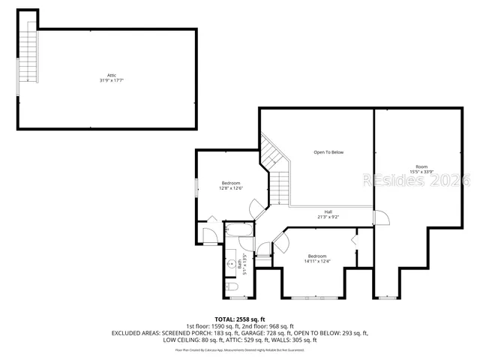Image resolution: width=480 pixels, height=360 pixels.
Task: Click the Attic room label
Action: tap(111, 75)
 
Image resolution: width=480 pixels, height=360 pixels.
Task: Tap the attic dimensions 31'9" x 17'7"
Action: tap(111, 80)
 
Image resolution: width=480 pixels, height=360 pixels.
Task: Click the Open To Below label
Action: tap(328, 152)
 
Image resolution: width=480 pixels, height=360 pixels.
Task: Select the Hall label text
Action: tap(328, 211)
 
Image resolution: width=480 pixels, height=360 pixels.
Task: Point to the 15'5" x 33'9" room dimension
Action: tap(421, 171)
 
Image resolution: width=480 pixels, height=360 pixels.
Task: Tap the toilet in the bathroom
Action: tap(232, 288)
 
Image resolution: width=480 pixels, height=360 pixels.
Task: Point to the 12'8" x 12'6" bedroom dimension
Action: tap(231, 188)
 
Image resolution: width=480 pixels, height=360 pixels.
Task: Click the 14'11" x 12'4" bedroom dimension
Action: tap(317, 261)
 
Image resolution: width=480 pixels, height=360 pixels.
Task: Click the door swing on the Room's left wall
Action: tap(382, 217)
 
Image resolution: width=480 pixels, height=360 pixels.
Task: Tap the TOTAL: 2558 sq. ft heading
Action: tap(240, 319)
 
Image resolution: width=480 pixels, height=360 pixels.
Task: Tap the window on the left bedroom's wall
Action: tap(196, 187)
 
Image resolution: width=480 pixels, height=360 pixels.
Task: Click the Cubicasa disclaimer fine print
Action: tap(240, 349)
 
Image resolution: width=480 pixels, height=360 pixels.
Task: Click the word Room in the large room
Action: tap(421, 166)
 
